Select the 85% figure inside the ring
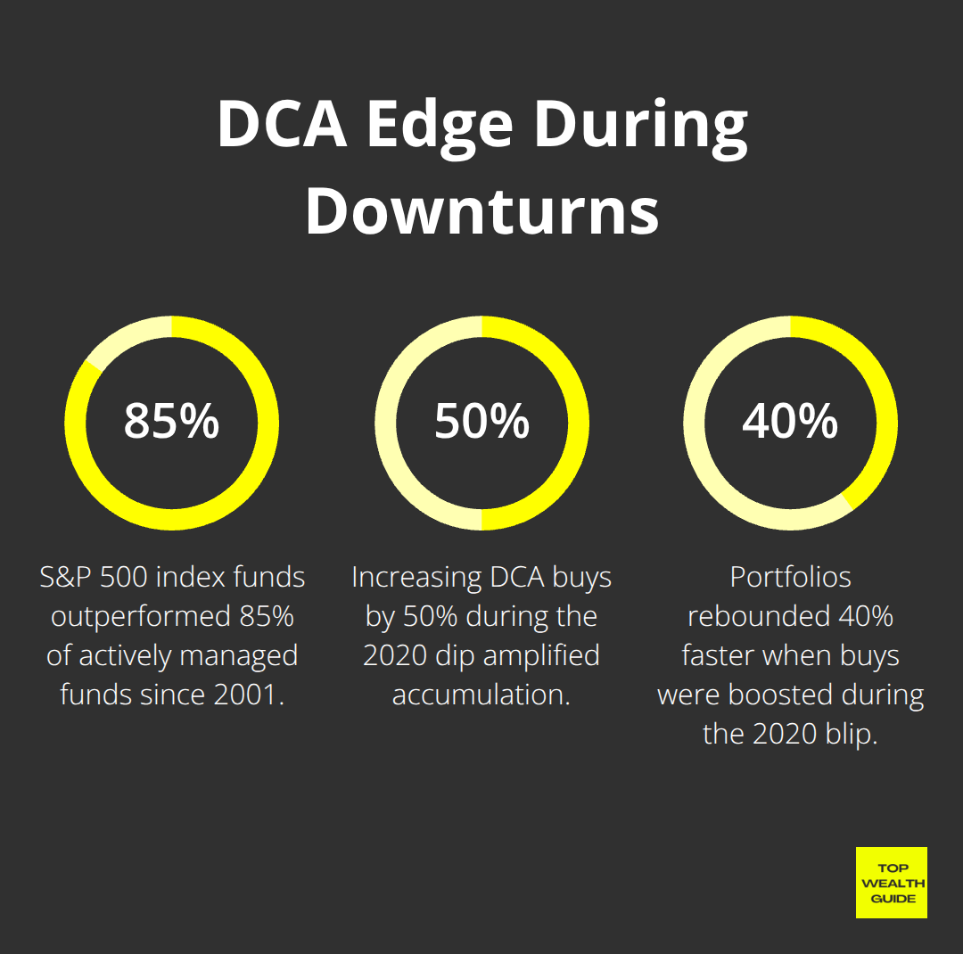(171, 421)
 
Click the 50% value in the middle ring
(481, 421)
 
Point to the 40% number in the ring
(790, 421)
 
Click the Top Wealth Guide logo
(891, 883)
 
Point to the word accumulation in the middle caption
(481, 695)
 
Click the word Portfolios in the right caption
(790, 578)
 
